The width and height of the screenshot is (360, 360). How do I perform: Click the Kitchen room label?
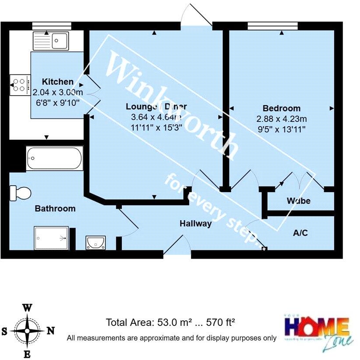[x=58, y=82]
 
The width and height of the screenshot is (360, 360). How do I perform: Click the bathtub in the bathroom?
[x=54, y=158]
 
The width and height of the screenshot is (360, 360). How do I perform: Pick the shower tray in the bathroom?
[x=51, y=238]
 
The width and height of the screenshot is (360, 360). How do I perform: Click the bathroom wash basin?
[x=95, y=242]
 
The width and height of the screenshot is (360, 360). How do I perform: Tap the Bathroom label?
[x=55, y=209]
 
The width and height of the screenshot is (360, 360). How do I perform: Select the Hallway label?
[x=196, y=224]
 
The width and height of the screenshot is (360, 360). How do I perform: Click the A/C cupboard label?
[x=300, y=233]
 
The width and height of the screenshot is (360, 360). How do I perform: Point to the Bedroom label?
[x=281, y=108]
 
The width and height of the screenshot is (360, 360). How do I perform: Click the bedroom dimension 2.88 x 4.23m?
[x=281, y=118]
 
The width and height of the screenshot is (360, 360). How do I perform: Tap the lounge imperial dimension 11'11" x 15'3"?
[x=156, y=128]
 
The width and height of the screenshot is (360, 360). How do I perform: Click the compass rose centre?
[x=27, y=331]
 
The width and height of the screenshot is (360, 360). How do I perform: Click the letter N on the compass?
[x=51, y=331]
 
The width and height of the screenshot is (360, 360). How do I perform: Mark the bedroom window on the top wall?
[x=273, y=25]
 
